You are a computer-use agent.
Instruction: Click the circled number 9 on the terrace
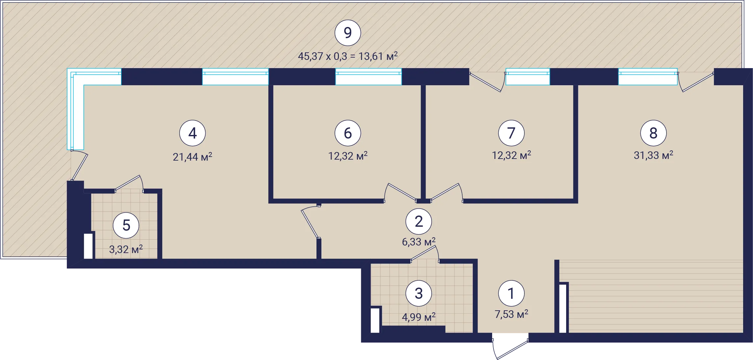click(x=348, y=33)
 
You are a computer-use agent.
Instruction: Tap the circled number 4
click(x=192, y=133)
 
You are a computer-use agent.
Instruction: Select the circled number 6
click(x=348, y=133)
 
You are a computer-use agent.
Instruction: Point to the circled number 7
click(x=511, y=133)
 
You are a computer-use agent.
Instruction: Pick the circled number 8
click(x=653, y=133)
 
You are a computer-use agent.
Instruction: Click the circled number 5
click(x=126, y=225)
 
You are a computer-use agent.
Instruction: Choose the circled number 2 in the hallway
click(x=419, y=221)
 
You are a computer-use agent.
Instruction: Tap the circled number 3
click(x=419, y=293)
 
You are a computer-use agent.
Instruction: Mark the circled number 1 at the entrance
click(x=511, y=293)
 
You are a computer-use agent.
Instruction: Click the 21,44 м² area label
click(x=192, y=157)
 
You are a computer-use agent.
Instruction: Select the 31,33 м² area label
click(x=653, y=155)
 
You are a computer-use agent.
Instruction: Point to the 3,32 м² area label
click(x=126, y=249)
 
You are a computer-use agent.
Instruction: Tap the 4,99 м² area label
click(x=419, y=317)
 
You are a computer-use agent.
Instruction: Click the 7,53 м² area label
click(x=512, y=314)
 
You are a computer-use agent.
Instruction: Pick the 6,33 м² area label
click(x=419, y=242)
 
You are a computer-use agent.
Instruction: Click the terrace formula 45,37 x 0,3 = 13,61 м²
click(x=348, y=56)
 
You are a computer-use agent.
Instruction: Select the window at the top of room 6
click(x=368, y=77)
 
